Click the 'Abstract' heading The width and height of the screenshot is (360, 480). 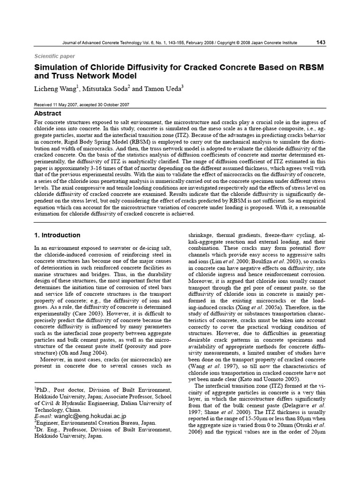(48, 113)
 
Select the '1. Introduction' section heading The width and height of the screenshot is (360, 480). (58, 235)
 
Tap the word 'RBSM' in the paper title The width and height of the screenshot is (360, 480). (307, 67)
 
